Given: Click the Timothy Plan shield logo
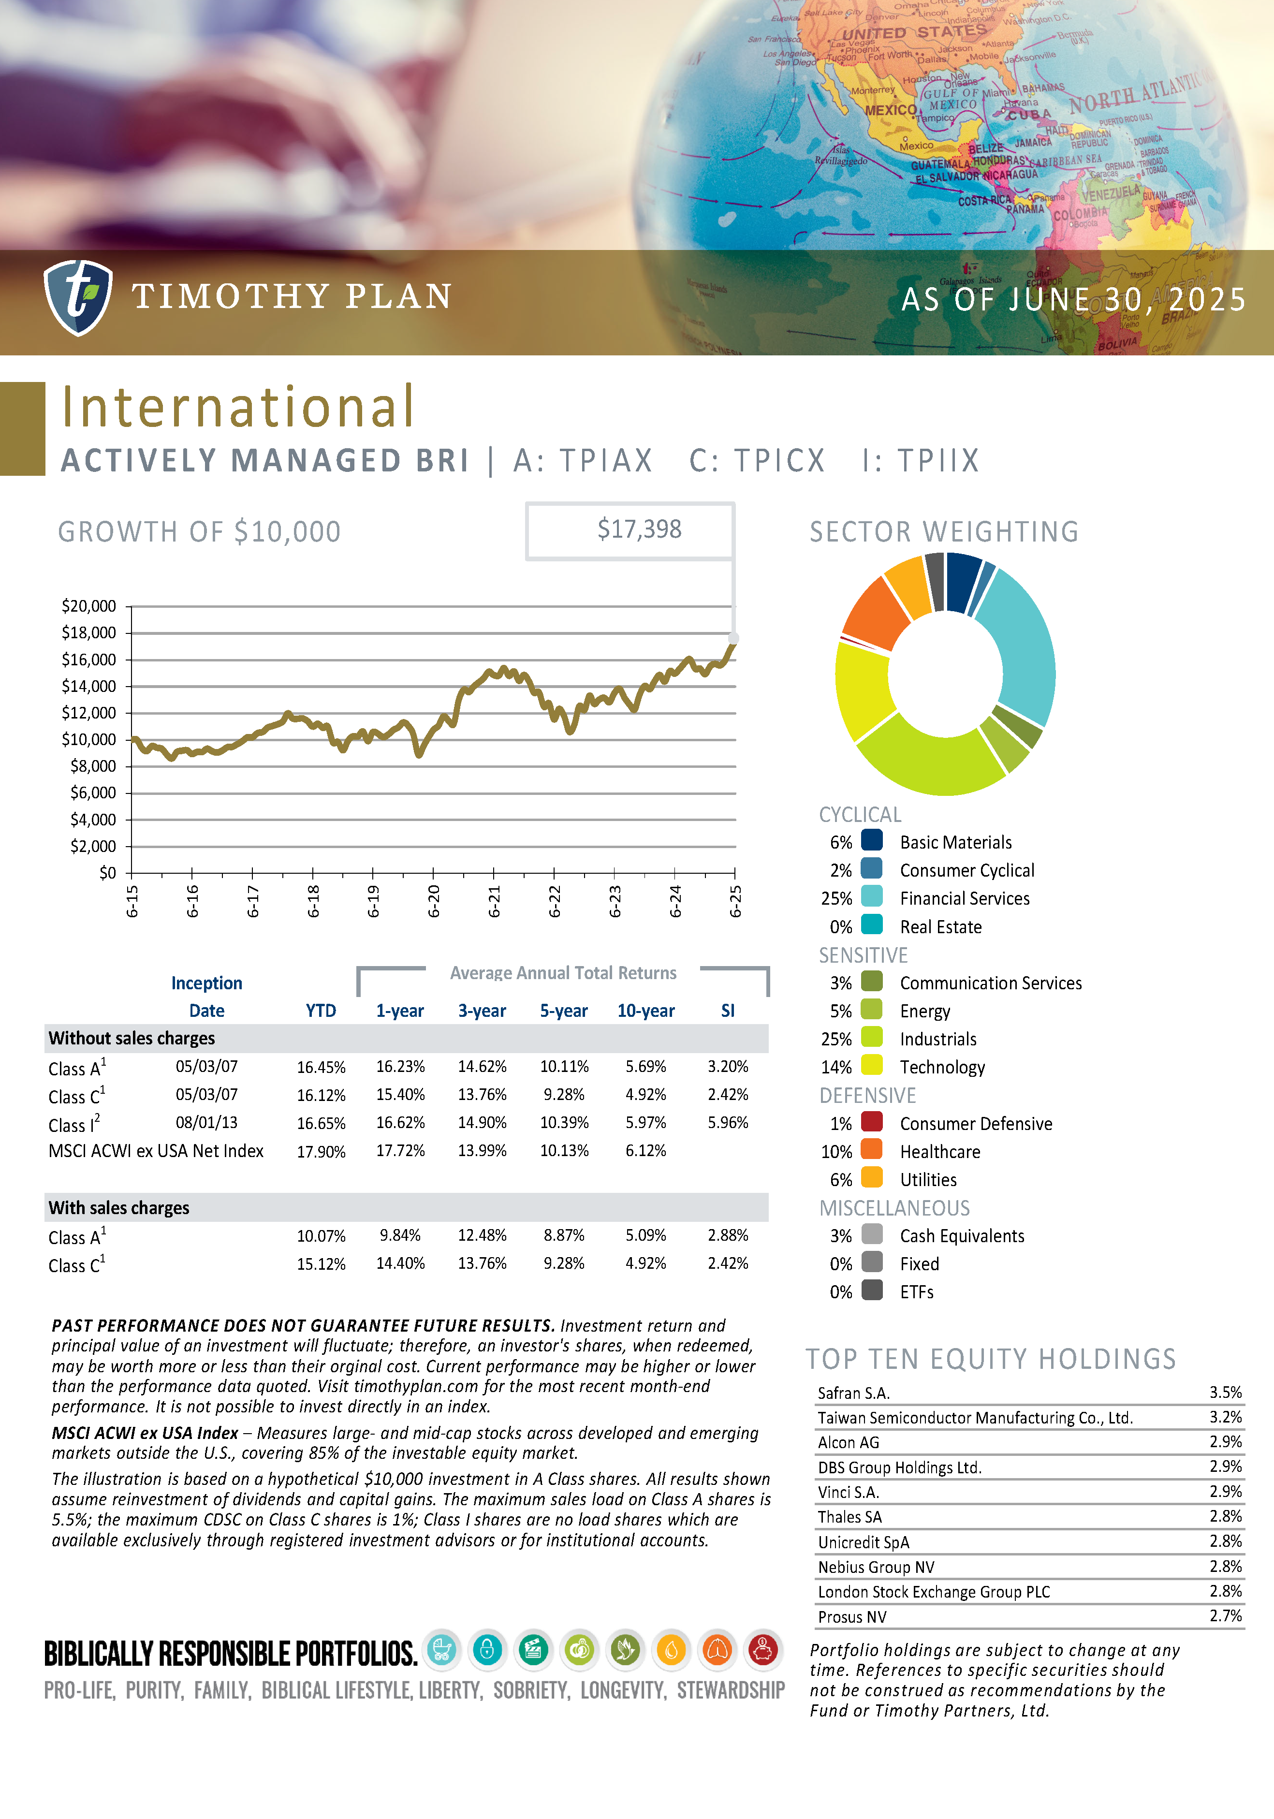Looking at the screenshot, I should click(78, 297).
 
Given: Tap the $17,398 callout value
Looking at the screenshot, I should click(639, 529).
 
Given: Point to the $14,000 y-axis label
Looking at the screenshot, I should click(89, 686).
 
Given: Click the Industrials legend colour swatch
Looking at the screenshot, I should click(872, 1038).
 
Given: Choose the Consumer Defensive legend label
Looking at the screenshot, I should click(975, 1123).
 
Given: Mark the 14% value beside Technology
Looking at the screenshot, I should click(836, 1067).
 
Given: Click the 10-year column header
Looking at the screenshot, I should click(646, 1011).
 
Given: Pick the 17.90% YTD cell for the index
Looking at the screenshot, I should click(321, 1152).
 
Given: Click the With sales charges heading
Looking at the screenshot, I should click(119, 1207).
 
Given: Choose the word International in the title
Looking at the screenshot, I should click(238, 407).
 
